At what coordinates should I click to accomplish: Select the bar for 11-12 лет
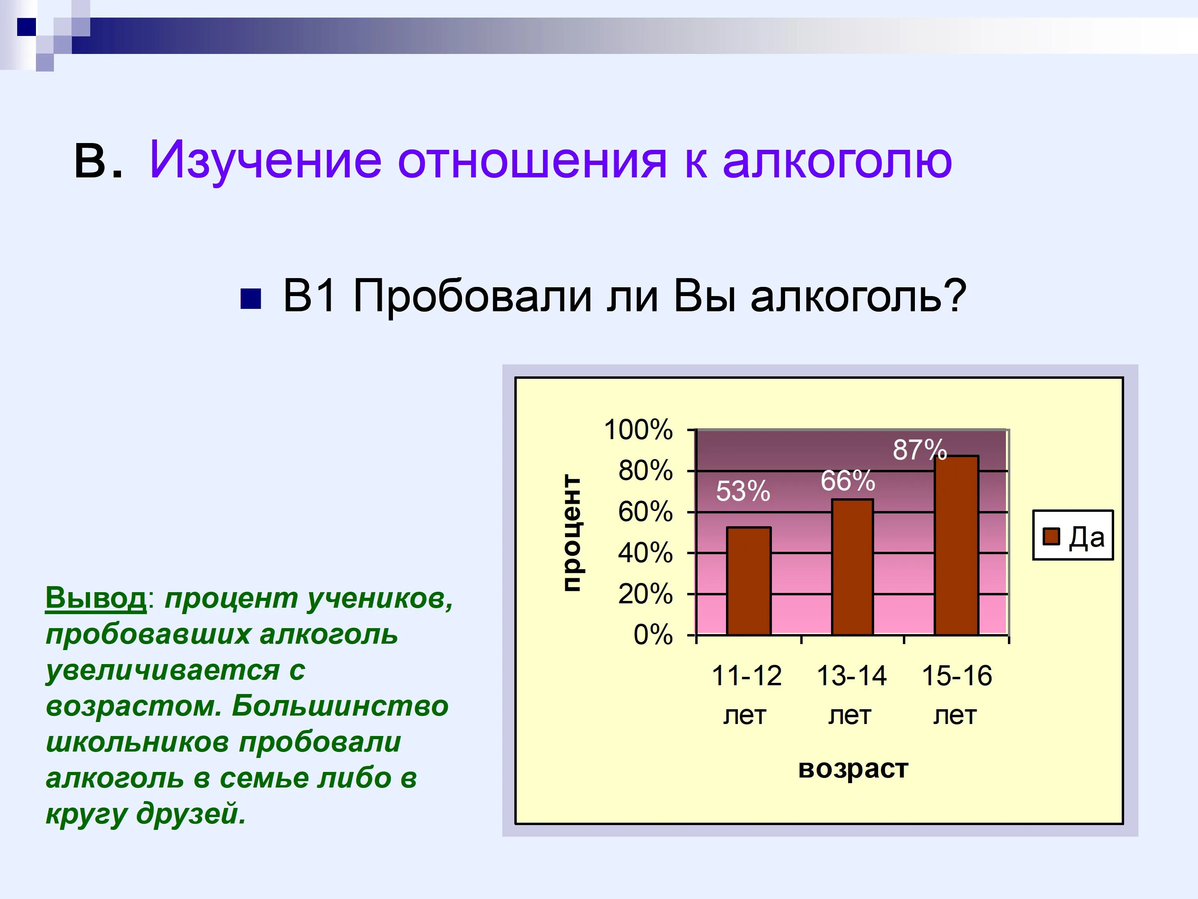click(x=748, y=581)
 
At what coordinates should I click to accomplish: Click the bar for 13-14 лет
click(x=853, y=567)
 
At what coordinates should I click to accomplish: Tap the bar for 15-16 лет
click(x=956, y=545)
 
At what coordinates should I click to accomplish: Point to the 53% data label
click(x=742, y=491)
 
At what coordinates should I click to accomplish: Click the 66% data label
click(x=848, y=481)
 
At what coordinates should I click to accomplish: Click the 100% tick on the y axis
click(x=638, y=430)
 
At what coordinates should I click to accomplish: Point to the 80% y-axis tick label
click(x=646, y=470)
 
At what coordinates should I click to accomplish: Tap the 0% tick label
click(x=653, y=634)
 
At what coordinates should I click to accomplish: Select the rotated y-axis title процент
click(x=572, y=533)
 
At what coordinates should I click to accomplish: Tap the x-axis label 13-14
click(x=851, y=676)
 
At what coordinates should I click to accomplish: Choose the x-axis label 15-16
click(x=956, y=676)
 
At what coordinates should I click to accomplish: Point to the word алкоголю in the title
click(x=837, y=160)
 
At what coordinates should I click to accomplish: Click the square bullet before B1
click(x=251, y=298)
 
